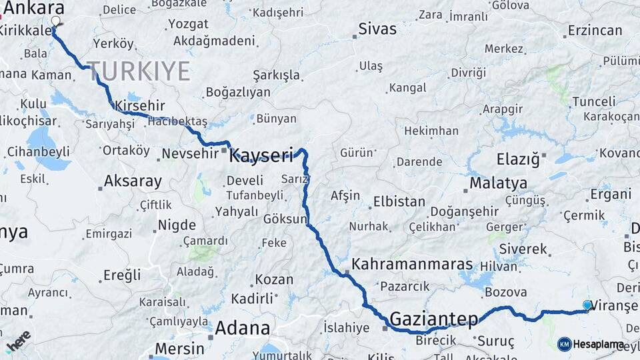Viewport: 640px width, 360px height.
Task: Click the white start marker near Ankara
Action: point(55,21)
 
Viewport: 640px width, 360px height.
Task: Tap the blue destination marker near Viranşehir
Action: point(587,305)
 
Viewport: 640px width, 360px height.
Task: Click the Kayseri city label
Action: point(261,157)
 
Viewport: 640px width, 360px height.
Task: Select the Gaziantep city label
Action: point(433,318)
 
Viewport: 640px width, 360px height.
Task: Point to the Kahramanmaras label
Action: point(412,264)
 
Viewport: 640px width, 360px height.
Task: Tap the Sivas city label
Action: point(377,29)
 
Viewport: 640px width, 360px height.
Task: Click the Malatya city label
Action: point(498,183)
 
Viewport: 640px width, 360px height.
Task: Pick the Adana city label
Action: point(242,327)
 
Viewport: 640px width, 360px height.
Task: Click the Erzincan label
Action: point(595,31)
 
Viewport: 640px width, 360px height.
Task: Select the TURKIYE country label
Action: point(139,71)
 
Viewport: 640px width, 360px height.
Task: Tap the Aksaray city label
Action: point(133,181)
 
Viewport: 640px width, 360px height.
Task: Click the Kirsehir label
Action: point(139,106)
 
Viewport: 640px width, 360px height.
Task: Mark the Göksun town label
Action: point(285,219)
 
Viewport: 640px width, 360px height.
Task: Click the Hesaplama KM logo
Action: point(591,345)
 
